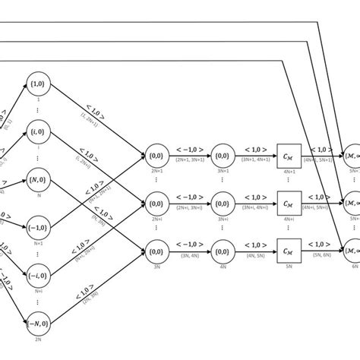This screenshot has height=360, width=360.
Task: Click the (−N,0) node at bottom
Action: pos(38,327)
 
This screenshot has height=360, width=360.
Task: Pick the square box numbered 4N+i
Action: pos(287,204)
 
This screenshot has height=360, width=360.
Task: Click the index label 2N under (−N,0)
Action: pos(38,346)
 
